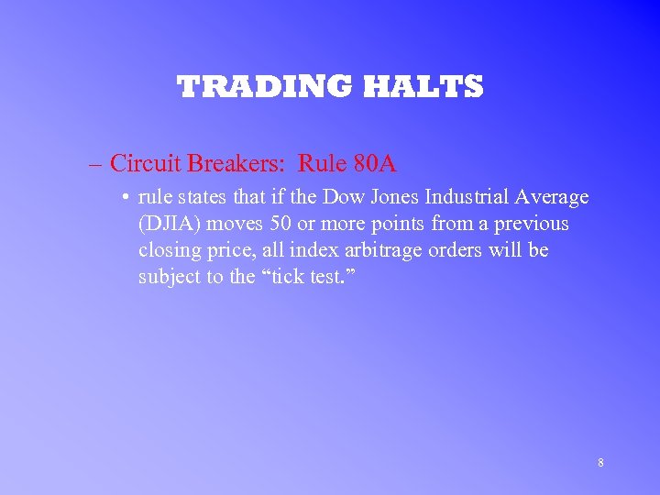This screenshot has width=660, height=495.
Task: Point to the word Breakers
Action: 229,164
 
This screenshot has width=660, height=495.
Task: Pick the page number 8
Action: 600,463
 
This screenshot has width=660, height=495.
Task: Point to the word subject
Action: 169,277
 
